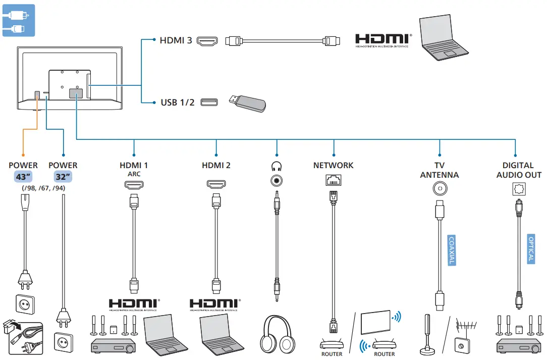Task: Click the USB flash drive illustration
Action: click(x=247, y=103)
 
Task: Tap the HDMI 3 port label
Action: click(x=176, y=40)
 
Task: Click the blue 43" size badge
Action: click(x=23, y=177)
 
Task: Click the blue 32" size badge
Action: click(x=63, y=177)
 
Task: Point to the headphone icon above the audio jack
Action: click(x=276, y=166)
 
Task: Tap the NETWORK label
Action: click(x=333, y=165)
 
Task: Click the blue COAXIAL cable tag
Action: click(x=452, y=250)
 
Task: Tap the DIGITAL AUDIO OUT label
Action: click(x=518, y=170)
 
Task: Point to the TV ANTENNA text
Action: click(x=440, y=170)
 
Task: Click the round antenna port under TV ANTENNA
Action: click(x=440, y=188)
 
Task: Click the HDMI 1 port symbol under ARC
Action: click(x=134, y=185)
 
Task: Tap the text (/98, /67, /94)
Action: click(x=43, y=188)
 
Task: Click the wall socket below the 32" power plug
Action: click(x=63, y=341)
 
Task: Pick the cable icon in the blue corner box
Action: click(x=18, y=20)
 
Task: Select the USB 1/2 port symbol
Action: click(x=209, y=103)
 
